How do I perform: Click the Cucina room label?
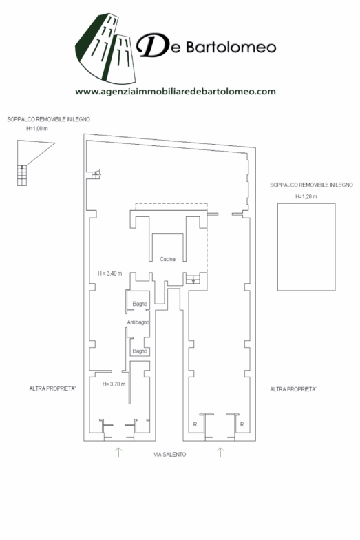[167, 259]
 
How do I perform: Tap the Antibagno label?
[138, 322]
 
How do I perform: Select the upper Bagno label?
[140, 304]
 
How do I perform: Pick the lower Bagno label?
[140, 351]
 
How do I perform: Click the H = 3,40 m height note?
[110, 273]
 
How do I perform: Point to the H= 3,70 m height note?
[114, 384]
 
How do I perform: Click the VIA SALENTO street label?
[169, 455]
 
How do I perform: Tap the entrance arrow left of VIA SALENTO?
[118, 452]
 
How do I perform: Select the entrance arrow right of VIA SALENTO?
[220, 452]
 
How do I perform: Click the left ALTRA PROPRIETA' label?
[52, 388]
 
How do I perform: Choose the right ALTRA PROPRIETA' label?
[293, 389]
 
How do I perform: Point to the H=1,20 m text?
[306, 197]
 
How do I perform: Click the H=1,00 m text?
[37, 128]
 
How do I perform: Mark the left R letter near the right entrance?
[195, 424]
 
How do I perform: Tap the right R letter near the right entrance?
[242, 424]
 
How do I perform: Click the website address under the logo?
[176, 92]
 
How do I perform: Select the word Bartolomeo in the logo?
[231, 47]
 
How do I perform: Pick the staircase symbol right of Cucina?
[193, 280]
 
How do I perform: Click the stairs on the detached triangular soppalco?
[22, 175]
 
